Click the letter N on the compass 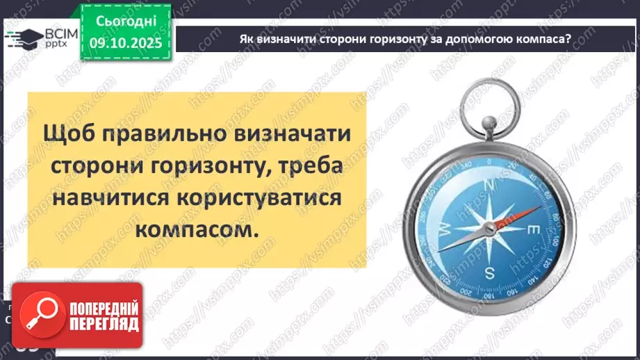pos(489,185)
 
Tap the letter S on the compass pos(490,271)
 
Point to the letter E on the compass pos(534,229)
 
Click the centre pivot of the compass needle pos(490,228)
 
